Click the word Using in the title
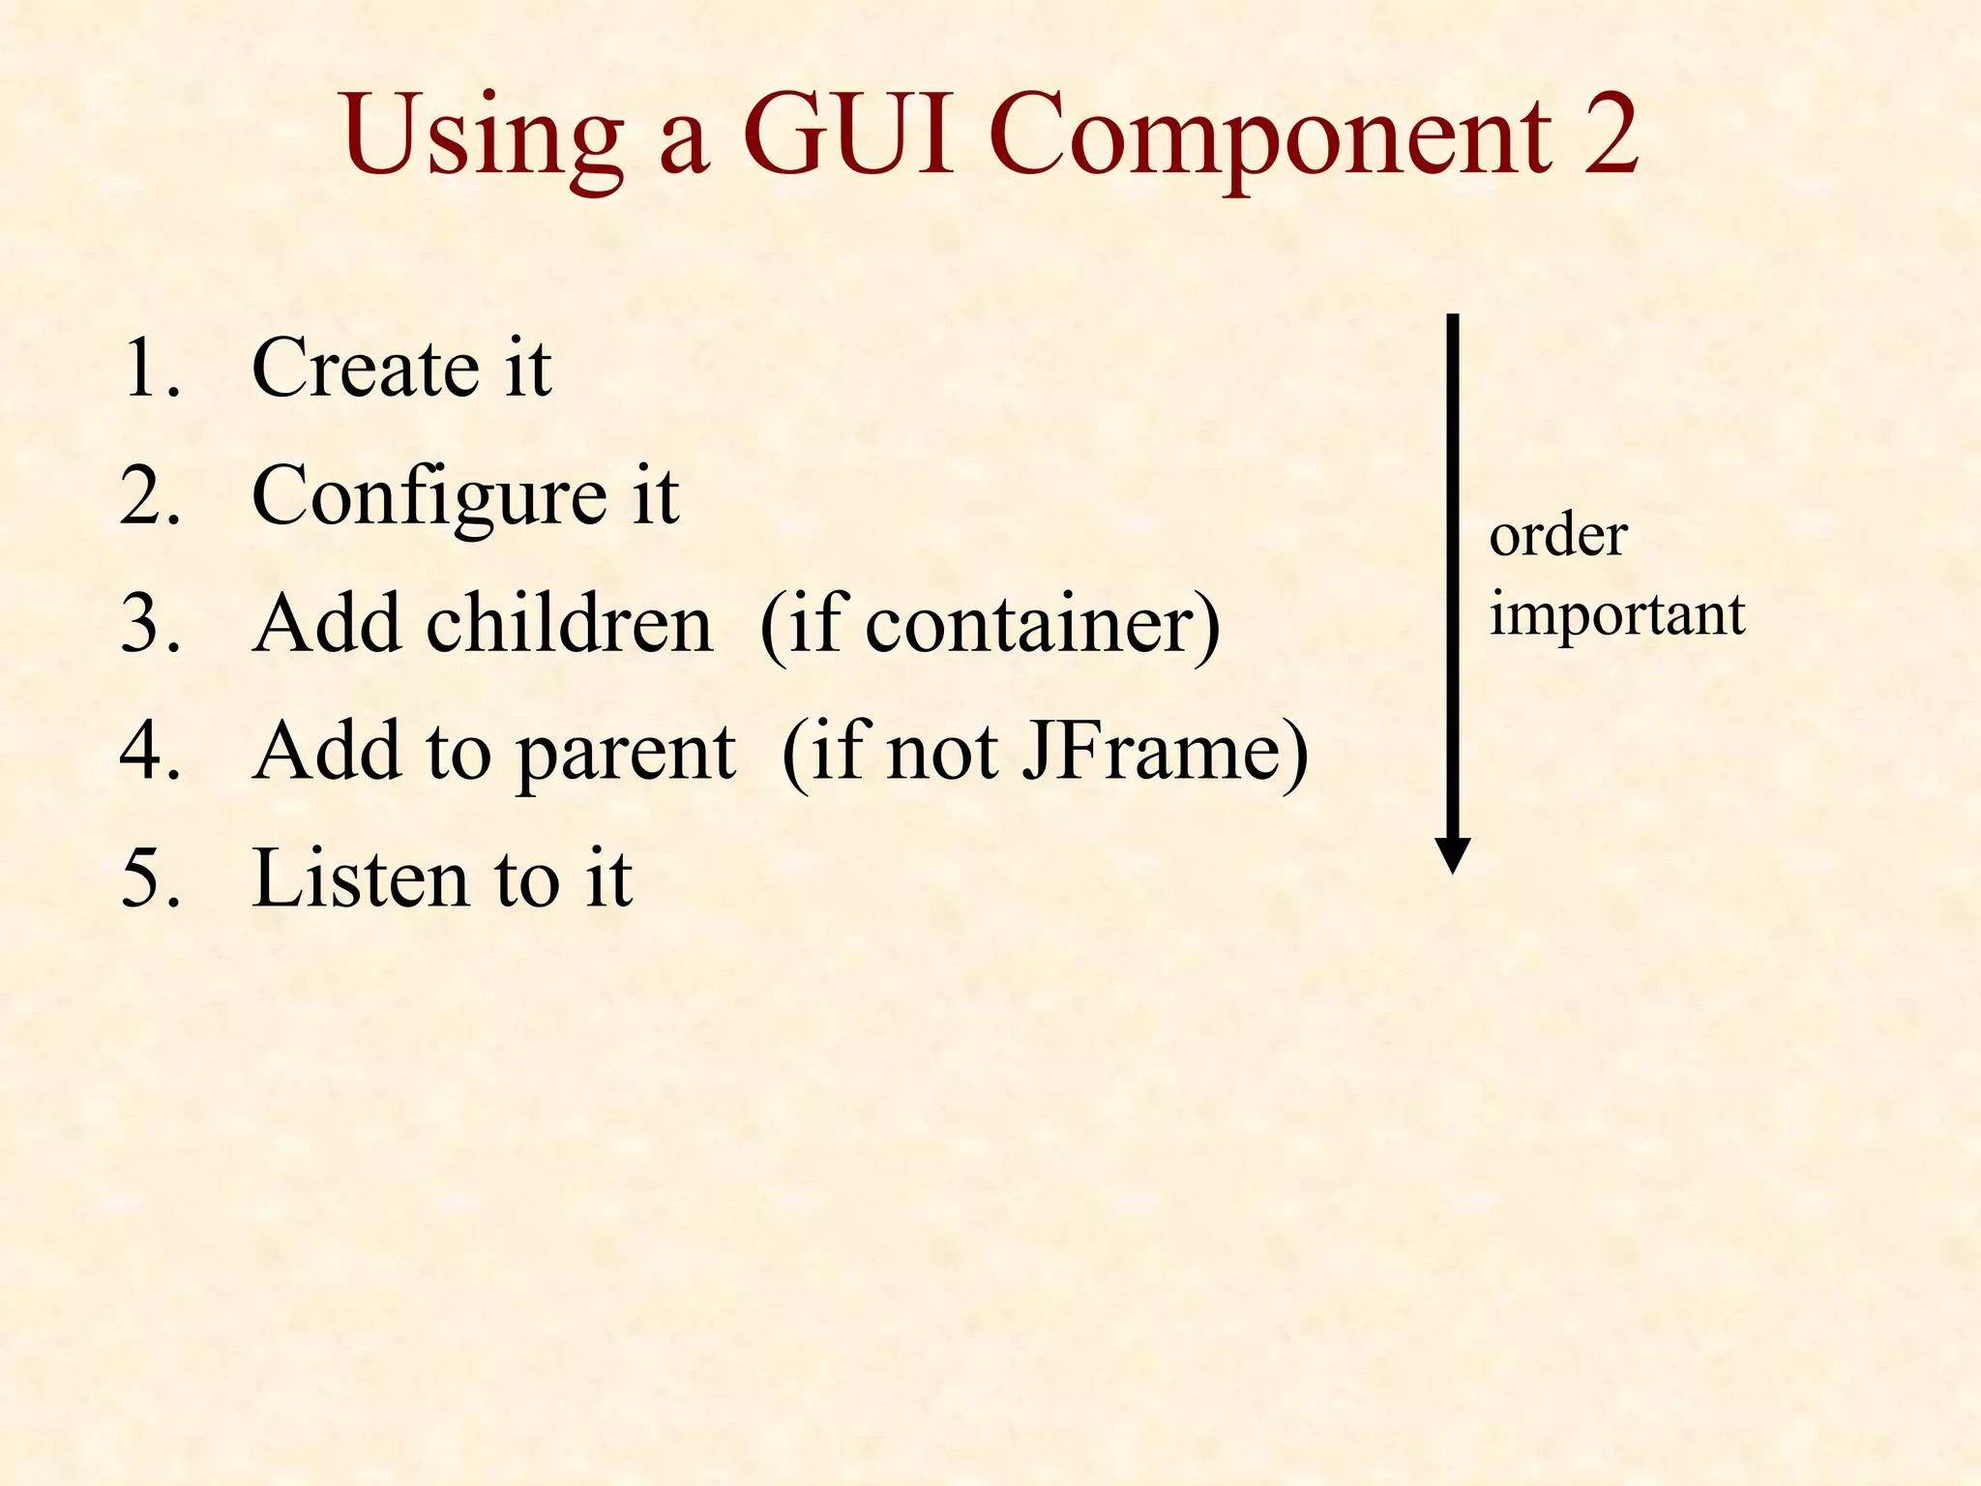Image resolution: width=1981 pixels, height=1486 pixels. (484, 137)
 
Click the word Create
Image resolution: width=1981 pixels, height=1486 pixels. (365, 368)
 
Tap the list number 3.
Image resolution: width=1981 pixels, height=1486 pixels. (150, 623)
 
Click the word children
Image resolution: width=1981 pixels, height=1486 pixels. (569, 623)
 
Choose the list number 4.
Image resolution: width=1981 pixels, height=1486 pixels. (150, 751)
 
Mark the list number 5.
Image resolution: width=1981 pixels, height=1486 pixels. (150, 878)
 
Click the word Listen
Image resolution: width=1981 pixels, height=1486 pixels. (360, 878)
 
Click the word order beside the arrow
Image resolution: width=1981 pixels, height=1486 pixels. (1557, 536)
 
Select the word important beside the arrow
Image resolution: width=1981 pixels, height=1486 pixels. (1616, 615)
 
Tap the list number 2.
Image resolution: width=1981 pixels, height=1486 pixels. (150, 495)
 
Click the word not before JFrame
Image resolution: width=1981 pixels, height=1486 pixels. (942, 753)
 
